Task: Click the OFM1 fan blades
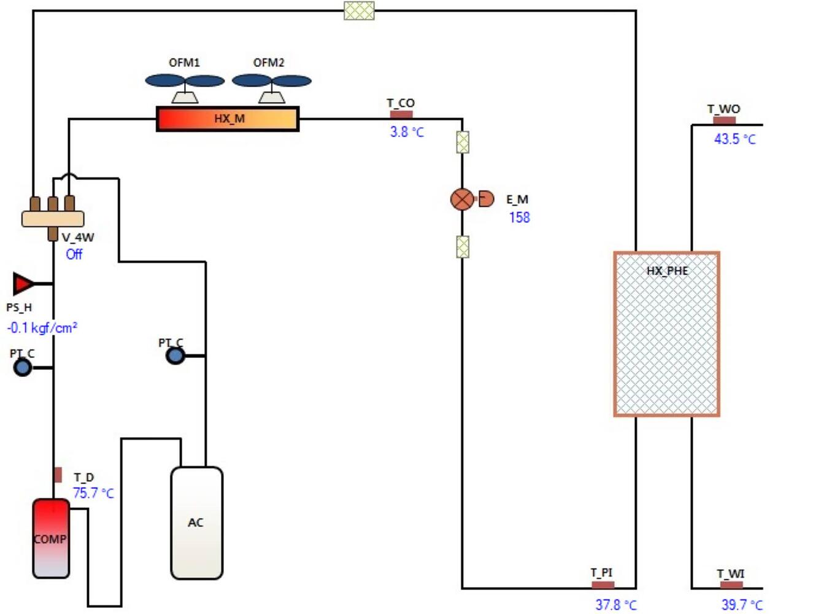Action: tap(185, 81)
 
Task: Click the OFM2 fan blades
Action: tap(271, 81)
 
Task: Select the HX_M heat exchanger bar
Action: tap(228, 119)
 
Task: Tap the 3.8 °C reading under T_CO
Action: tap(406, 132)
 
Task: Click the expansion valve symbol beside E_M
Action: tap(463, 200)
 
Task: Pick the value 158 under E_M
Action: tap(519, 217)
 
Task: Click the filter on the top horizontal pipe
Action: tap(359, 10)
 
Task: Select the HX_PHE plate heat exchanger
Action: tap(666, 334)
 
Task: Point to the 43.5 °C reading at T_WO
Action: tap(734, 139)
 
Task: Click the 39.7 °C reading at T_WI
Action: tap(741, 605)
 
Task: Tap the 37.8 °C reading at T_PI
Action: tap(615, 605)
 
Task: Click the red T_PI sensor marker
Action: tap(603, 585)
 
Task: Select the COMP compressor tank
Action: tap(51, 538)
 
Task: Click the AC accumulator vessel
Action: tap(196, 523)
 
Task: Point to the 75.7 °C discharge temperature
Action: tap(93, 493)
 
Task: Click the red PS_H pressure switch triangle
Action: tap(24, 284)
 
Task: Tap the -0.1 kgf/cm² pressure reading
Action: tap(42, 328)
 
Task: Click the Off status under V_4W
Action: tap(74, 254)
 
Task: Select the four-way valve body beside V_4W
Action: tap(53, 218)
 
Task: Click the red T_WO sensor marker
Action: tap(724, 120)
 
